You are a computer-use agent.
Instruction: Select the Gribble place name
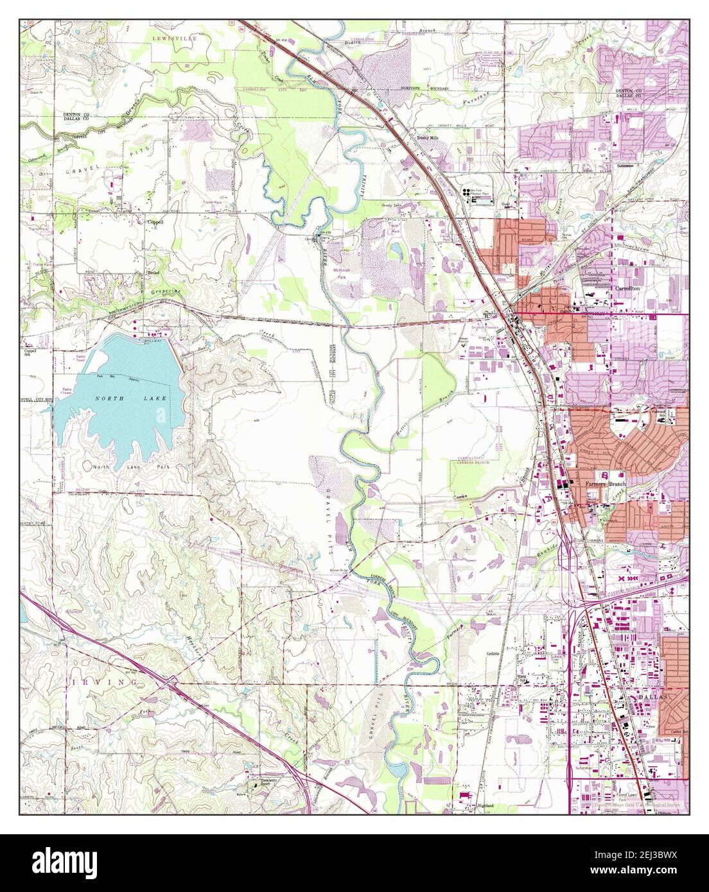point(493,653)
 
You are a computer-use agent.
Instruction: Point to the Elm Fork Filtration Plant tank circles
point(465,193)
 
